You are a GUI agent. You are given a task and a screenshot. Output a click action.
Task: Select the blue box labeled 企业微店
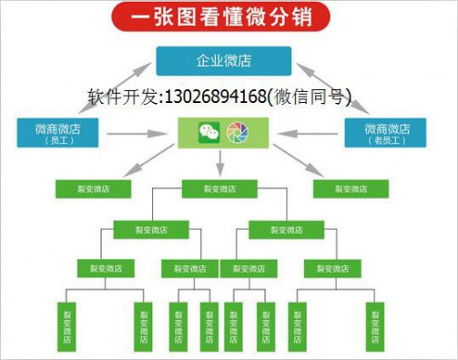223,61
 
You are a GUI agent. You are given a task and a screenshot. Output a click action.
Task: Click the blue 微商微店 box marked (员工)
56,132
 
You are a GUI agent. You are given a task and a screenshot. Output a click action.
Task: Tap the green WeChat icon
209,133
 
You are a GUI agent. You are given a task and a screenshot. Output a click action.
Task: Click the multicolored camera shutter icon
237,133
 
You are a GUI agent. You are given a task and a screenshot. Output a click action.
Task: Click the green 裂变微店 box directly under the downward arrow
219,189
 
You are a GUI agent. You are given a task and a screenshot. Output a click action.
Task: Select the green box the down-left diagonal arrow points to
92,189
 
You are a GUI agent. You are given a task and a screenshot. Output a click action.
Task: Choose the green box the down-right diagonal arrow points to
350,189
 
